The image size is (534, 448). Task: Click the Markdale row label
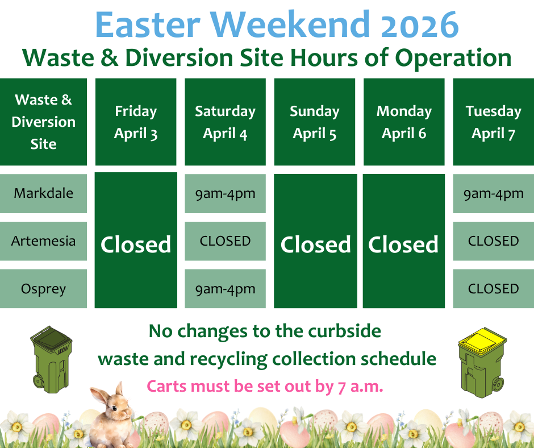pyautogui.click(x=43, y=193)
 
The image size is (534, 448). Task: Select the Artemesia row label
pyautogui.click(x=43, y=241)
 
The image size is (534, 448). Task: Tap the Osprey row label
pyautogui.click(x=43, y=289)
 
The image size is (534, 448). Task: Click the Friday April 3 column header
pyautogui.click(x=136, y=122)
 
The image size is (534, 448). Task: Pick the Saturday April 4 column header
pyautogui.click(x=225, y=122)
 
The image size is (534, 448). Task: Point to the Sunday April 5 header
pyautogui.click(x=315, y=122)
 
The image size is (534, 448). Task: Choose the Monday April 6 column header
pyautogui.click(x=404, y=122)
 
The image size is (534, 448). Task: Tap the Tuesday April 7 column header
pyautogui.click(x=494, y=122)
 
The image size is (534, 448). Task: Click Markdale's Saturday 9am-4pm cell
pyautogui.click(x=225, y=193)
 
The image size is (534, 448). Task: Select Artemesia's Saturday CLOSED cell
pyautogui.click(x=225, y=241)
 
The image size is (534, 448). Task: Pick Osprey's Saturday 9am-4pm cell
pyautogui.click(x=225, y=289)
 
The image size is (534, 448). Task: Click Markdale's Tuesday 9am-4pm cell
pyautogui.click(x=494, y=193)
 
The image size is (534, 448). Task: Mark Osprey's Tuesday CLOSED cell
pyautogui.click(x=494, y=289)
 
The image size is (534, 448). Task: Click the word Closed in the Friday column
pyautogui.click(x=136, y=244)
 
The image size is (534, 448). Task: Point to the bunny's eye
pyautogui.click(x=114, y=408)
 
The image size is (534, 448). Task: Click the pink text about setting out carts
pyautogui.click(x=265, y=386)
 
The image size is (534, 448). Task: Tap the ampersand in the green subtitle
pyautogui.click(x=110, y=57)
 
